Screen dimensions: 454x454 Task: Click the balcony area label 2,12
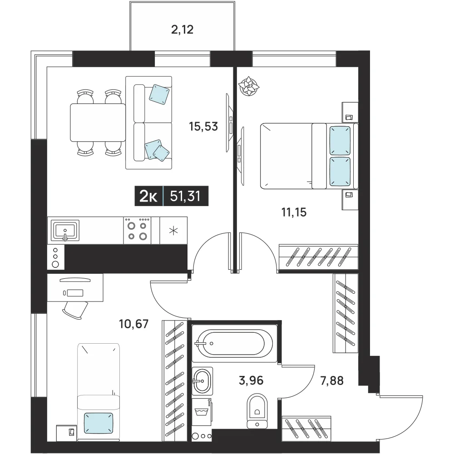[x=182, y=30]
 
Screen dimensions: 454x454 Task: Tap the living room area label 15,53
[x=203, y=127]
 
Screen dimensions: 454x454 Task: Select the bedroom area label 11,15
[x=294, y=212]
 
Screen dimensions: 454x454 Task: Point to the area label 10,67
[x=134, y=324]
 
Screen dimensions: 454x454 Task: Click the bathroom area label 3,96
[x=251, y=380]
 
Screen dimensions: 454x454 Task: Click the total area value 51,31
[x=185, y=196]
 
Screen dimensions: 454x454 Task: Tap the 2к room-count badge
[x=148, y=196]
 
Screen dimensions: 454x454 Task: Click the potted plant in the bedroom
[x=249, y=86]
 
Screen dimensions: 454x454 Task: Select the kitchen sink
[x=65, y=231]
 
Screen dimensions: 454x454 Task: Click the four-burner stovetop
[x=137, y=231]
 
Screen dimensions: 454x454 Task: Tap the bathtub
[x=235, y=343]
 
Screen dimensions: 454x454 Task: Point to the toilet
[x=257, y=410]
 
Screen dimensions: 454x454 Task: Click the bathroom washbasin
[x=202, y=381]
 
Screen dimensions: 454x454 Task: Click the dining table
[x=98, y=123]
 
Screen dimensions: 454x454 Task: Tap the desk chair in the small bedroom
[x=75, y=310]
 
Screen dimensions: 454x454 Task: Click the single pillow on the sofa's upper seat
[x=159, y=94]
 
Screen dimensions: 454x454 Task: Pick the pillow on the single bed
[x=99, y=423]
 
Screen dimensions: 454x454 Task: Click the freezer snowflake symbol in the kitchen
[x=173, y=231]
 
